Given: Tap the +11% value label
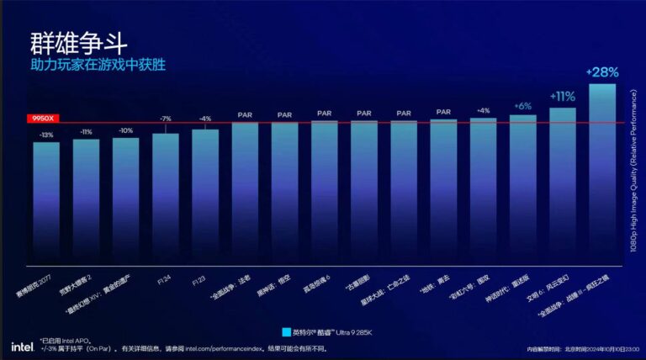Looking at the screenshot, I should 562,96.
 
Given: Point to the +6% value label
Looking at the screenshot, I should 522,106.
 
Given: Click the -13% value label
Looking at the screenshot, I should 46,135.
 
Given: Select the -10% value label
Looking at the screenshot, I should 125,130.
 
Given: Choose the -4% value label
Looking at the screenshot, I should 205,119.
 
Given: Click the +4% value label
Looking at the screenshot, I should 483,110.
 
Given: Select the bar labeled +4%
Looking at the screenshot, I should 483,189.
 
